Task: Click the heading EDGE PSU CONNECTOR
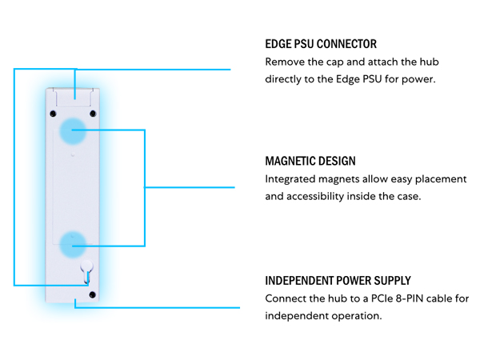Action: click(321, 44)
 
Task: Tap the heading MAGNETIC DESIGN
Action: click(310, 161)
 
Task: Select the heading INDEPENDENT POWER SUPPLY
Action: click(338, 281)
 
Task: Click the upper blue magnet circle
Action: click(73, 130)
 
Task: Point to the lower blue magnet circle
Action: click(73, 245)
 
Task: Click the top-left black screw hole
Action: click(53, 114)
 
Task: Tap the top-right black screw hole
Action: click(93, 114)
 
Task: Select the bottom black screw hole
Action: click(92, 294)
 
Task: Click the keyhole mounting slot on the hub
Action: click(86, 271)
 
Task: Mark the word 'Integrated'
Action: click(290, 179)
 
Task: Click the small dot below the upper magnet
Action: click(73, 154)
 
